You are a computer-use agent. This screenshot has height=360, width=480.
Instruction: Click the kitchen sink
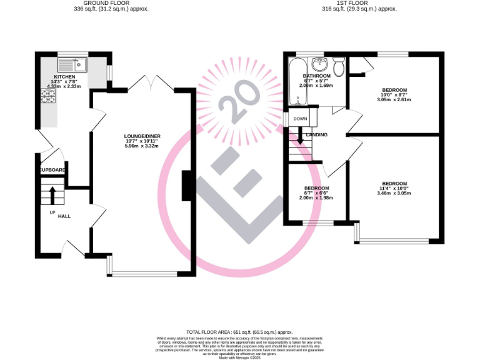[74, 63]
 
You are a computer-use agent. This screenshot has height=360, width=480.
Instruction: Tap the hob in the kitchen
[47, 96]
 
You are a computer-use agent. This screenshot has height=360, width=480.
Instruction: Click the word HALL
[64, 216]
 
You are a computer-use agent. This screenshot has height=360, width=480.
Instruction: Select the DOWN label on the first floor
[300, 119]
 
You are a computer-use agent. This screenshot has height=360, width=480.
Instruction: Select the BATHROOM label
[316, 76]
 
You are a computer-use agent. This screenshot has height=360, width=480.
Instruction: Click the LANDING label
[317, 134]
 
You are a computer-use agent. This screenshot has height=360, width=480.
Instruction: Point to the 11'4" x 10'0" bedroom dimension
[394, 188]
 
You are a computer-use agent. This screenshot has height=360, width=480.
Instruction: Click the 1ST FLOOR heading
[350, 3]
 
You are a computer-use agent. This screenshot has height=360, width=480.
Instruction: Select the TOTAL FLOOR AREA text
[239, 332]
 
